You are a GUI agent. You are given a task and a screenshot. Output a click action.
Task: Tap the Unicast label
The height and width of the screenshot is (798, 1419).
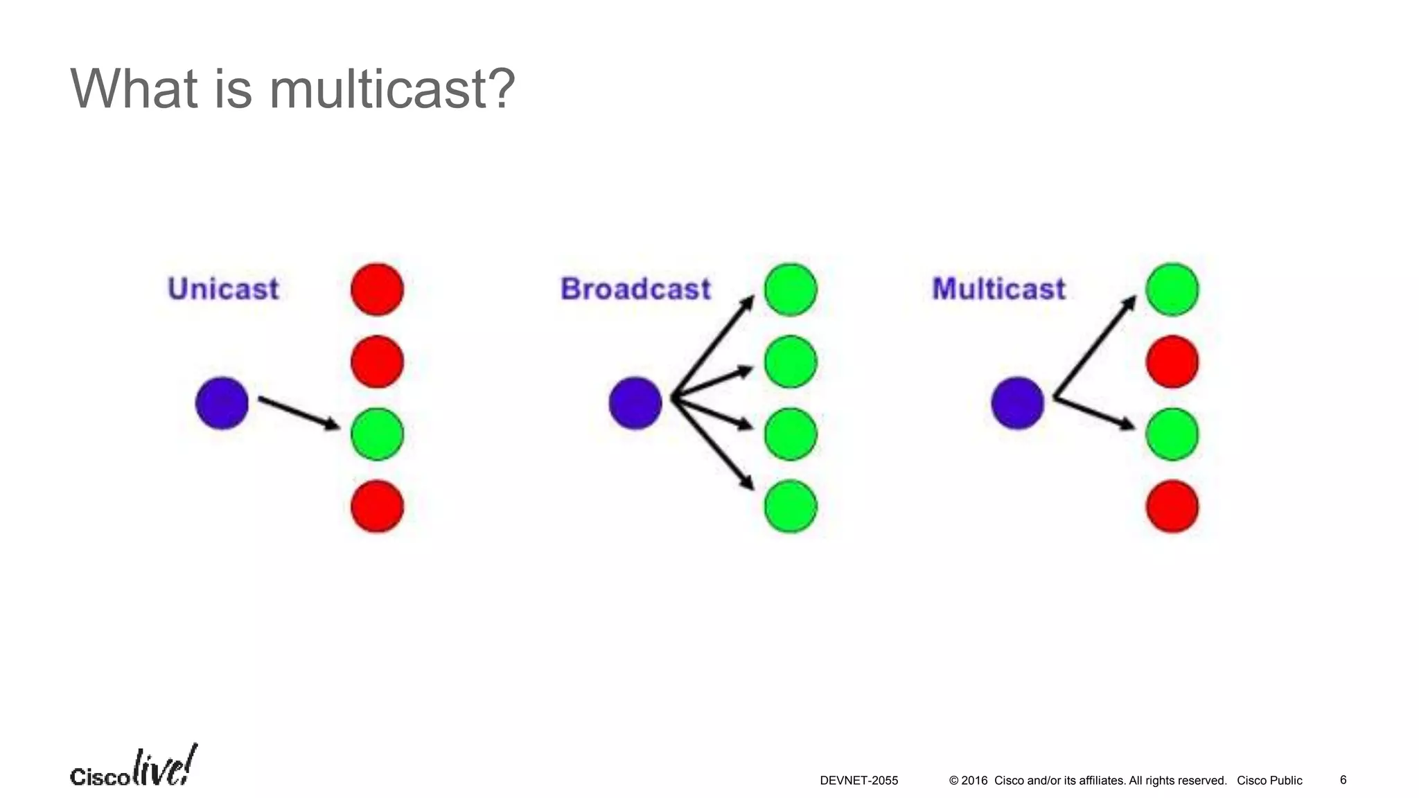pyautogui.click(x=223, y=289)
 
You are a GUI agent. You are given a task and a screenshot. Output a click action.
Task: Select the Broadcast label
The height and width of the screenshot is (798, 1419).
pyautogui.click(x=635, y=289)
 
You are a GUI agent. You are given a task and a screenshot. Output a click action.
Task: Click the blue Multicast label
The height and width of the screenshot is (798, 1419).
pyautogui.click(x=998, y=289)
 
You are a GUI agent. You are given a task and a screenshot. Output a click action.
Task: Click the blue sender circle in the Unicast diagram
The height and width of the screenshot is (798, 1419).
pyautogui.click(x=222, y=403)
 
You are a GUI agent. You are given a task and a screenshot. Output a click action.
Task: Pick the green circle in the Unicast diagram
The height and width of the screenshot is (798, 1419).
pyautogui.click(x=377, y=434)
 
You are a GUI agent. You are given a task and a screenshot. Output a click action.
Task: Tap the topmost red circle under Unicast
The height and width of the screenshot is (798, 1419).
pyautogui.click(x=377, y=289)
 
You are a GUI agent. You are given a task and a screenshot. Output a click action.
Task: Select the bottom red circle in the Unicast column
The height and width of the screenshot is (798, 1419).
pyautogui.click(x=377, y=506)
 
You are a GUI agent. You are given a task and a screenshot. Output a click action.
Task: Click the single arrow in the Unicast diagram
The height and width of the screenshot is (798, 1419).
pyautogui.click(x=298, y=413)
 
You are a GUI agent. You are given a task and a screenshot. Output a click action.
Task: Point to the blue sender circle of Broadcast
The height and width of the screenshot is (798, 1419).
pyautogui.click(x=635, y=403)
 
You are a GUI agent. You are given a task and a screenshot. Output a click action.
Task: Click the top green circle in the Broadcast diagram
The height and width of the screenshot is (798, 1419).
pyautogui.click(x=791, y=289)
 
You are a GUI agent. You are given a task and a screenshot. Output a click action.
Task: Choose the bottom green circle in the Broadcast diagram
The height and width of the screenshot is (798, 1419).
pyautogui.click(x=791, y=506)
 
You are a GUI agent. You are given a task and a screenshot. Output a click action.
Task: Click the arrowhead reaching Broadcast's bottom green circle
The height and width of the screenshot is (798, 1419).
pyautogui.click(x=748, y=483)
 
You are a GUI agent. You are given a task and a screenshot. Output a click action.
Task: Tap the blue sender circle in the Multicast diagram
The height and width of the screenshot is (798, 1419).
pyautogui.click(x=1017, y=403)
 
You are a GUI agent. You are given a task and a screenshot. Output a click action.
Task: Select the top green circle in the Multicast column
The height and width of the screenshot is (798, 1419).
pyautogui.click(x=1172, y=289)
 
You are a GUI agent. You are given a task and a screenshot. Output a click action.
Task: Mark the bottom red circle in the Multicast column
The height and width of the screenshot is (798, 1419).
pyautogui.click(x=1172, y=506)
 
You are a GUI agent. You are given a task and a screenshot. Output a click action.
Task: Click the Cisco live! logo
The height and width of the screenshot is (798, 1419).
pyautogui.click(x=133, y=768)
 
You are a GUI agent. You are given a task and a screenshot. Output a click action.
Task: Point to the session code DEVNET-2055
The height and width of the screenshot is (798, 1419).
pyautogui.click(x=858, y=781)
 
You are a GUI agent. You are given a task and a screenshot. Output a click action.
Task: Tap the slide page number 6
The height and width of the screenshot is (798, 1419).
pyautogui.click(x=1343, y=780)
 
